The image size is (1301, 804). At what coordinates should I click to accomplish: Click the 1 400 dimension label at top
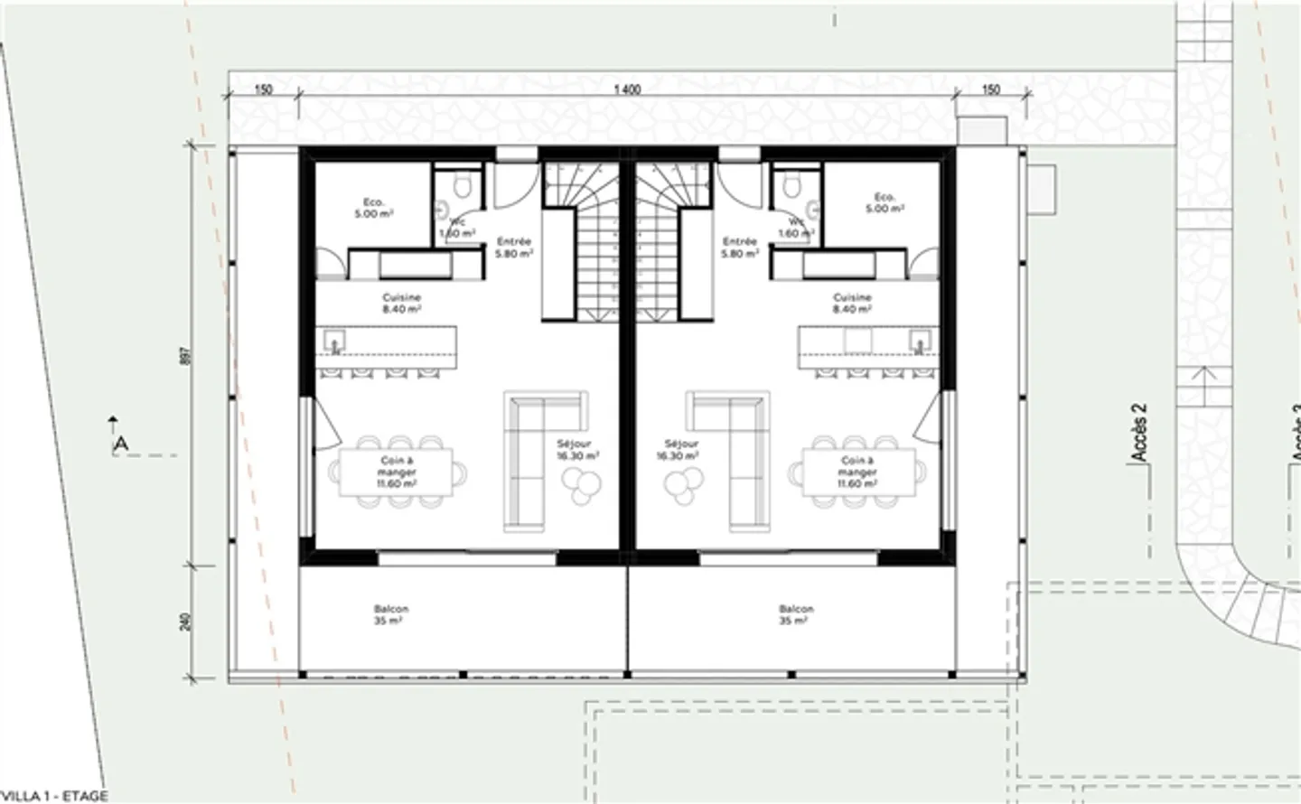coord(627,89)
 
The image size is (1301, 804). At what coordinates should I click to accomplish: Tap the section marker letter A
coord(120,444)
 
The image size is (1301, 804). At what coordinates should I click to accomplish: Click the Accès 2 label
coord(1139,433)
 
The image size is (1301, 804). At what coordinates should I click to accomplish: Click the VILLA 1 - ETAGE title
coord(54,796)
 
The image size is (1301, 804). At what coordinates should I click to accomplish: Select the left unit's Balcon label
coord(390,614)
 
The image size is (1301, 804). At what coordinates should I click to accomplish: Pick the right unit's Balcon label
coord(796,614)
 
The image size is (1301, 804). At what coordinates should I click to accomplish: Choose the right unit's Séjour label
coord(681,450)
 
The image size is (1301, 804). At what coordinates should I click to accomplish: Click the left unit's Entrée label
coord(513,248)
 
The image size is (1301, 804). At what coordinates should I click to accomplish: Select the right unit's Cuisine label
coord(853,303)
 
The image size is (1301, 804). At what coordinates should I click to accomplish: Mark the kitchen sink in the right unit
coord(920,341)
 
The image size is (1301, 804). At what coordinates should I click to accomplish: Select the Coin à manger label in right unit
coord(856,472)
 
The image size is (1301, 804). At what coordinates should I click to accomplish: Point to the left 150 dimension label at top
coord(263,89)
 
